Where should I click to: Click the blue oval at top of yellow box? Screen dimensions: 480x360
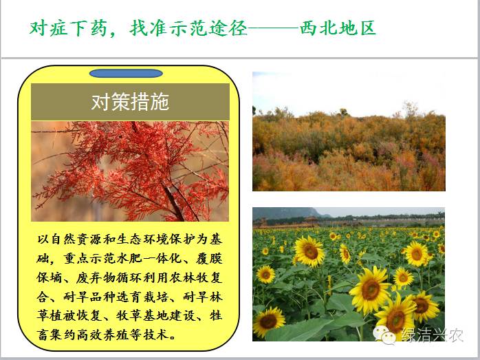pos(126,73)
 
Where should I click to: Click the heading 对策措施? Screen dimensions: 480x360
pos(130,102)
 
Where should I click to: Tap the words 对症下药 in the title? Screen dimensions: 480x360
pos(68,28)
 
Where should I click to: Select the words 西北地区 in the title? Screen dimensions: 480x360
pos(338,28)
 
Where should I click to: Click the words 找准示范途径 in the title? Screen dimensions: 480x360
pos(188,28)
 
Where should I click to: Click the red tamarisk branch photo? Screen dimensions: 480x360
pos(130,171)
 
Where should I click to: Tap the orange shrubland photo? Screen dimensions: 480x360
pos(349,131)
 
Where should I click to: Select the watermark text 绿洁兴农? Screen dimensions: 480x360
pos(432,335)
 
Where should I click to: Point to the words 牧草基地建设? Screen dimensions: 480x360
pos(155,315)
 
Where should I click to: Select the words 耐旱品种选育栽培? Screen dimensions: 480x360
pos(116,297)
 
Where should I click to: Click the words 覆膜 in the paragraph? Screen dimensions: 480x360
pos(209,259)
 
